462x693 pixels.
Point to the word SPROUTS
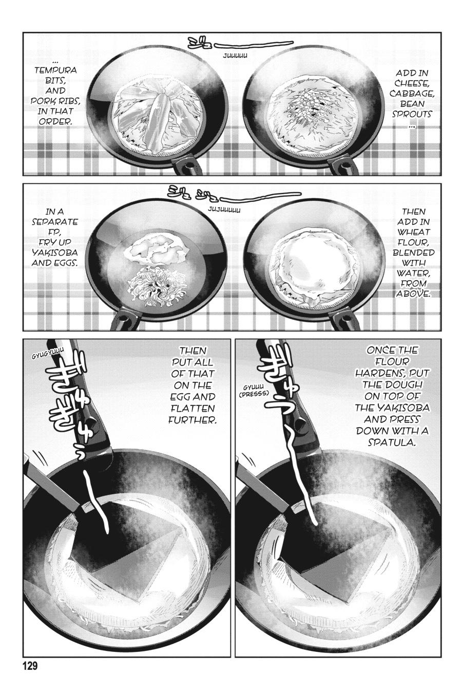click(412, 114)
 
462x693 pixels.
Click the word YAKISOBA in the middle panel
click(62, 252)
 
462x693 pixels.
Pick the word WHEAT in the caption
click(413, 232)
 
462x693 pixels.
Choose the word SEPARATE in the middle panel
click(62, 221)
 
